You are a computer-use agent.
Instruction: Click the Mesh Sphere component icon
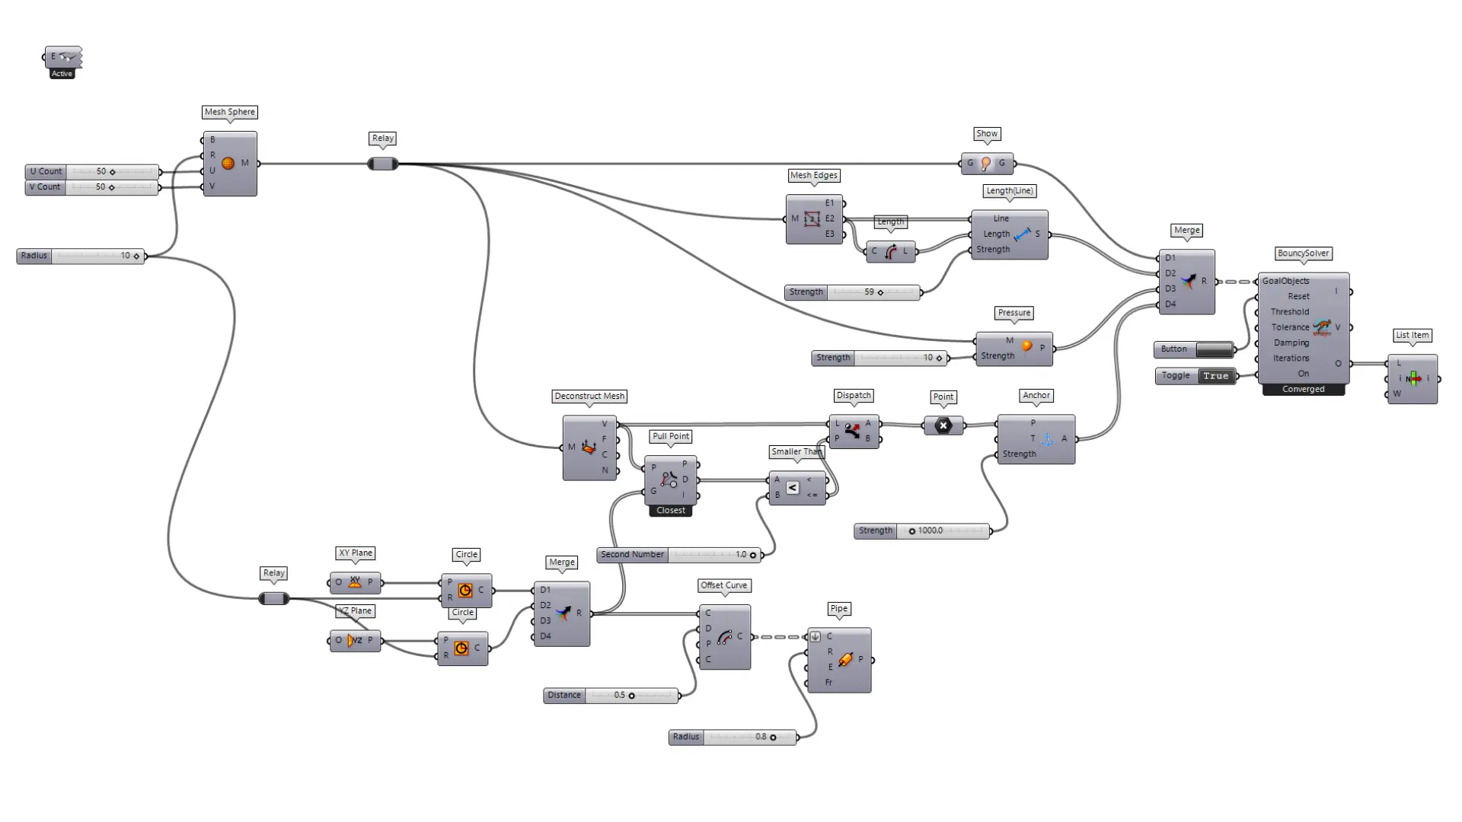click(x=228, y=163)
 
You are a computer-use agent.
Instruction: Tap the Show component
click(x=986, y=163)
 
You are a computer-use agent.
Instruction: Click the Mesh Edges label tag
click(x=813, y=175)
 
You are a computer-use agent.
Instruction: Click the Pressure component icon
click(x=1026, y=347)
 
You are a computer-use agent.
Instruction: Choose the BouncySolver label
click(x=1303, y=253)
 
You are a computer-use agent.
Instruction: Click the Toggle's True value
click(x=1215, y=376)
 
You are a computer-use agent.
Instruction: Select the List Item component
click(x=1413, y=378)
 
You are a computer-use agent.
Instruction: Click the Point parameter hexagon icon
click(x=943, y=425)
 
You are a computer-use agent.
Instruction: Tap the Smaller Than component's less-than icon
click(x=793, y=487)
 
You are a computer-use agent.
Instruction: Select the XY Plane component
click(x=355, y=583)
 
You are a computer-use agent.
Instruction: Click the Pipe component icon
click(x=845, y=659)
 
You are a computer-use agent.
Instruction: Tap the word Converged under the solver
click(x=1303, y=390)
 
